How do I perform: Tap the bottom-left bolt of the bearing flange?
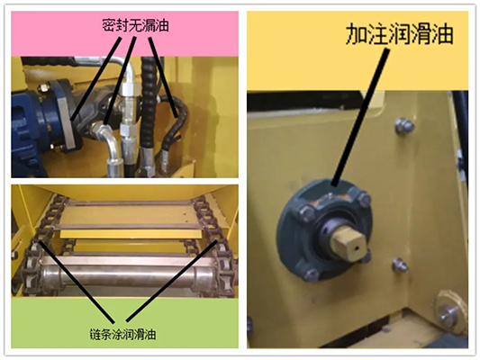pyautogui.click(x=312, y=273)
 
